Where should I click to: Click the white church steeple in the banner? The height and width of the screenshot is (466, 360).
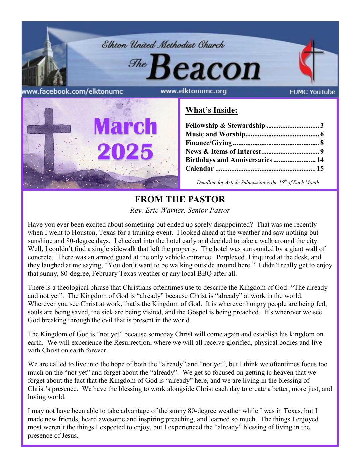(x=48, y=43)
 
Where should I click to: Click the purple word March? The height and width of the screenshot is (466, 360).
(x=125, y=127)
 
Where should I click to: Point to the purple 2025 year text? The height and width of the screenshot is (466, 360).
(x=125, y=152)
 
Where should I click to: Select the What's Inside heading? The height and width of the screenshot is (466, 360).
(x=211, y=110)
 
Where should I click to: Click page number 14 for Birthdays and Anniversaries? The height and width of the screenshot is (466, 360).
(x=320, y=160)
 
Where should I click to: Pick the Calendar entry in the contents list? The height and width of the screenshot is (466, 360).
(x=200, y=169)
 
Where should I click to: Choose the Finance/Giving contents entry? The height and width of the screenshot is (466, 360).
(x=209, y=143)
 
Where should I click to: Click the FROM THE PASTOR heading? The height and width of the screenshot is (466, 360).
(x=180, y=200)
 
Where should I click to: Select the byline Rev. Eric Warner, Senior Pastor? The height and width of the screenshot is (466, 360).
(x=180, y=210)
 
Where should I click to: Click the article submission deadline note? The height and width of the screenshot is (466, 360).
(x=258, y=182)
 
